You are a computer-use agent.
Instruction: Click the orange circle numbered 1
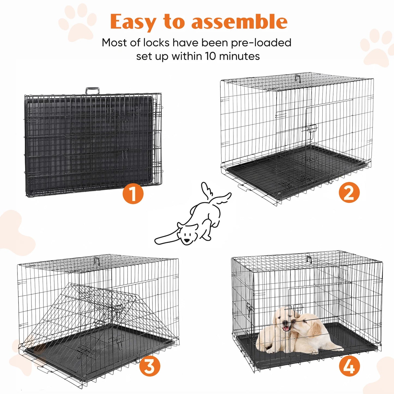(x=133, y=194)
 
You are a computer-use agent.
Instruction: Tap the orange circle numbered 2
(x=349, y=193)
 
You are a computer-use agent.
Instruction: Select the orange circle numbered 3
(x=150, y=366)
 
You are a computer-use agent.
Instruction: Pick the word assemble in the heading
(x=239, y=22)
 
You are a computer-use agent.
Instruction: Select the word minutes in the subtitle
(x=239, y=56)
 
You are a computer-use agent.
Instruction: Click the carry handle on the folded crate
(x=92, y=91)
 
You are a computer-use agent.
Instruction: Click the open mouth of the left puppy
(x=285, y=328)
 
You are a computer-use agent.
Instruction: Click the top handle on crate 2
(x=297, y=78)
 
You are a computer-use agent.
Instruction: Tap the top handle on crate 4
(x=309, y=260)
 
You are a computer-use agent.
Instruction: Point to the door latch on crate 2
(x=312, y=130)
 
